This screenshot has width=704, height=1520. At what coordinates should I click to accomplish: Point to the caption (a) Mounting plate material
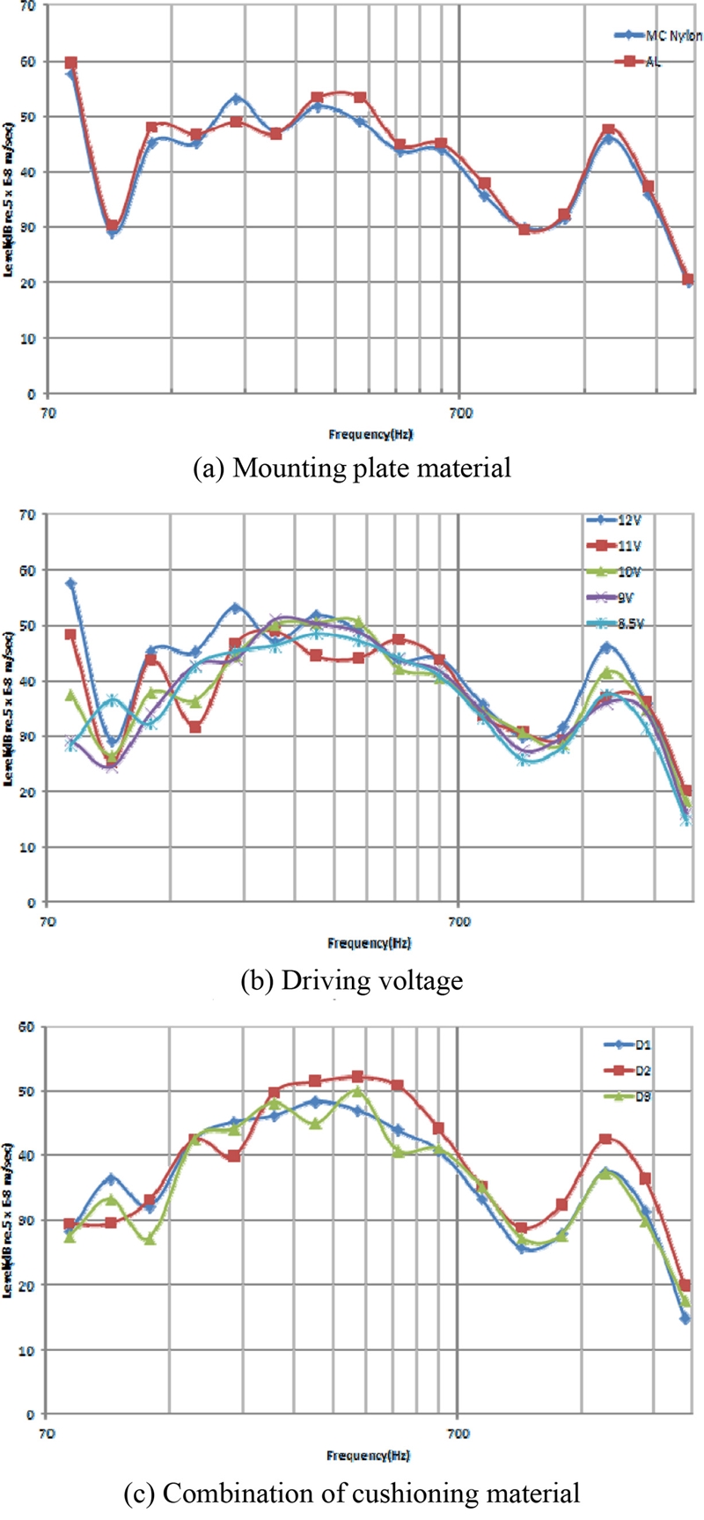[352, 468]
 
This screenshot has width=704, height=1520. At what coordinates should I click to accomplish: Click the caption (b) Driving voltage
[352, 979]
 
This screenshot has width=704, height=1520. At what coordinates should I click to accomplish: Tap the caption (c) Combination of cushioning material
[352, 1494]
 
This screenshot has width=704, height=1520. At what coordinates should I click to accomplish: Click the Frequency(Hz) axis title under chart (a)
[370, 433]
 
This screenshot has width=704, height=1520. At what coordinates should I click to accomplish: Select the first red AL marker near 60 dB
[71, 63]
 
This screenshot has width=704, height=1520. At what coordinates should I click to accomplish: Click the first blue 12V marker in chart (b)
[71, 584]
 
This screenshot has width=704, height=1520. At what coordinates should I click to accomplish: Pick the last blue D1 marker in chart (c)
[686, 1318]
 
